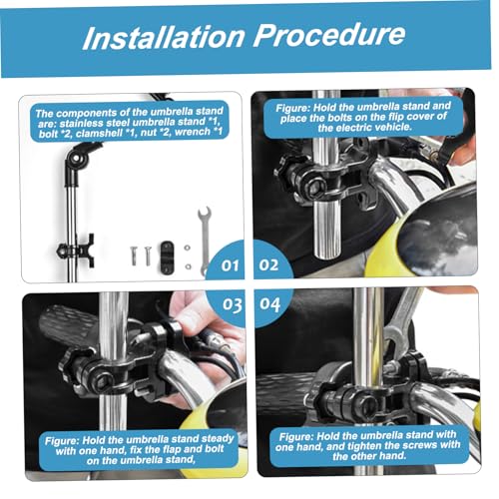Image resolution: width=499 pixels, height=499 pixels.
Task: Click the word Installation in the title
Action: coord(164,37)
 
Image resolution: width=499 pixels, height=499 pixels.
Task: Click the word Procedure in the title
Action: coord(329,35)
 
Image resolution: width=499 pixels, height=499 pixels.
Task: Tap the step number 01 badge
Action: coord(231,265)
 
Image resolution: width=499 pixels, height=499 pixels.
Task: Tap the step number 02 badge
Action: coord(268,264)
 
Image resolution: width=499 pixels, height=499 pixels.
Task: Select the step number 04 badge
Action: coord(269,304)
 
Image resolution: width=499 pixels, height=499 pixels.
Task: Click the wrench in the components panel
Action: coord(204,241)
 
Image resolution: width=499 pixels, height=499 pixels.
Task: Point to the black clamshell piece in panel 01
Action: coord(166,256)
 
